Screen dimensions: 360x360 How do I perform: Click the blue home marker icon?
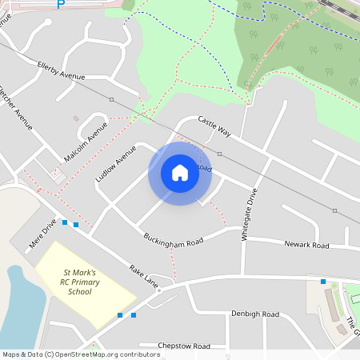pyautogui.click(x=180, y=173)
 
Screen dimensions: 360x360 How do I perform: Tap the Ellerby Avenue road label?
pyautogui.click(x=61, y=70)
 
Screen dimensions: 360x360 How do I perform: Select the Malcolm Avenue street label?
pyautogui.click(x=86, y=142)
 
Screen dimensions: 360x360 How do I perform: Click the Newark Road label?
pyautogui.click(x=306, y=245)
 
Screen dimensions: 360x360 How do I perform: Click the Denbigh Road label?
pyautogui.click(x=254, y=314)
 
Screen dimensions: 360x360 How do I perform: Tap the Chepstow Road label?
pyautogui.click(x=184, y=346)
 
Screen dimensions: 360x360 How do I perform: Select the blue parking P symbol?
pyautogui.click(x=61, y=5)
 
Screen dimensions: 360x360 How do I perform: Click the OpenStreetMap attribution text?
pyautogui.click(x=80, y=354)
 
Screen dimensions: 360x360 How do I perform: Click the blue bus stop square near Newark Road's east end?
pyautogui.click(x=323, y=282)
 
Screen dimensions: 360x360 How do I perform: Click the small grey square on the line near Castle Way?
pyautogui.click(x=219, y=153)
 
